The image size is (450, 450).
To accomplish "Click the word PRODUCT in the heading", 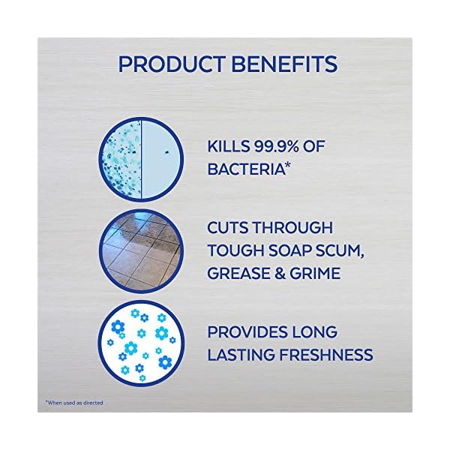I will (167, 63).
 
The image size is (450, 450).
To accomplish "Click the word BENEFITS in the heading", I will (283, 63).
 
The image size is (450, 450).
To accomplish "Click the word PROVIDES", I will (247, 332).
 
